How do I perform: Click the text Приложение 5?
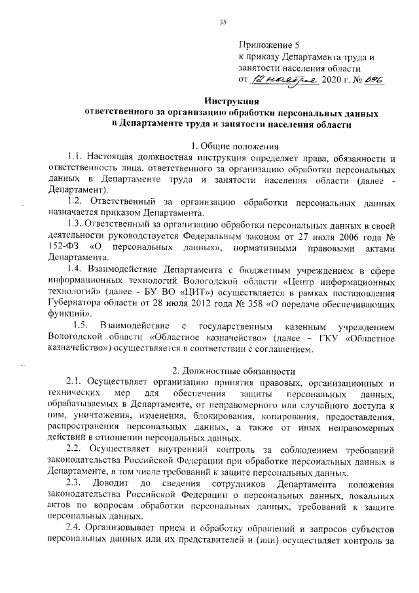point(268,45)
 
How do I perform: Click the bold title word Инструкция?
point(232,102)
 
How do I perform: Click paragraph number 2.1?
point(77,382)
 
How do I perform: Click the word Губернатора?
point(74,303)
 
